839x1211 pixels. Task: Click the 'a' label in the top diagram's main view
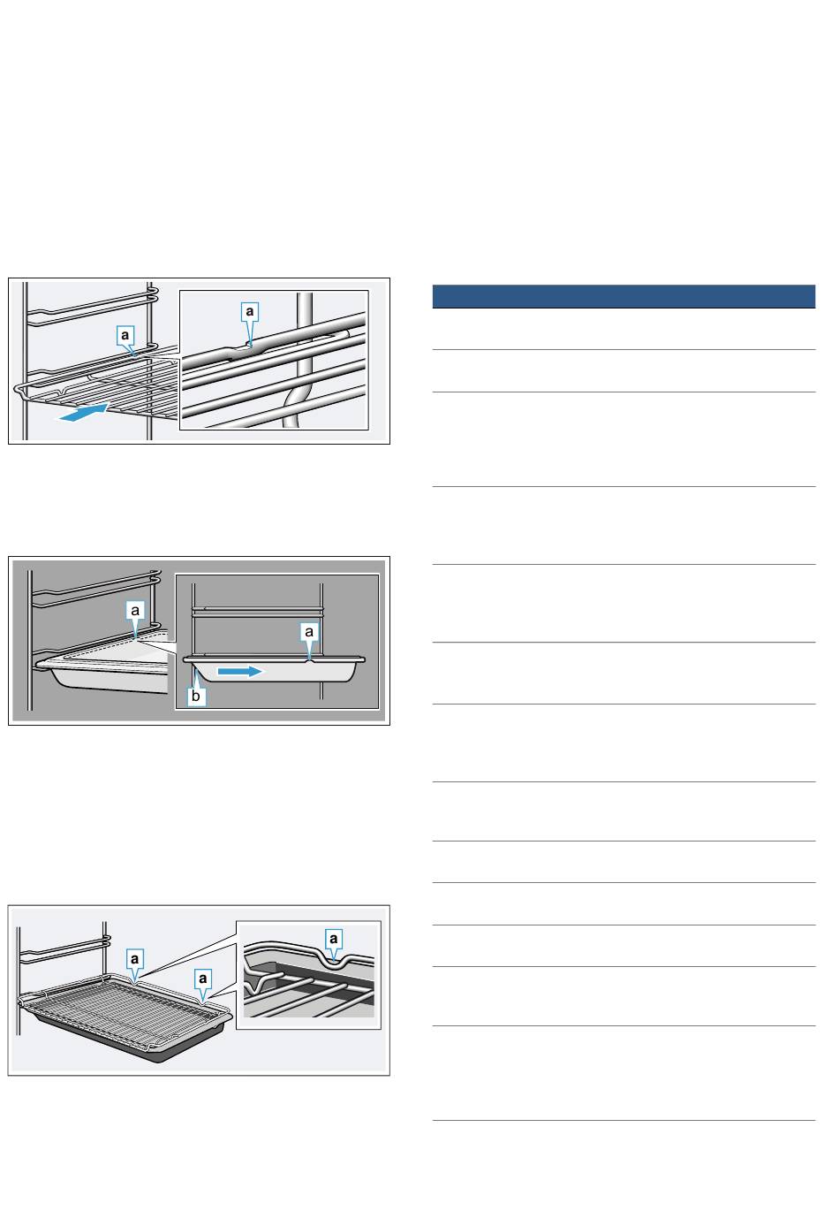(125, 335)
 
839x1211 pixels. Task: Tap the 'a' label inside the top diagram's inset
(250, 311)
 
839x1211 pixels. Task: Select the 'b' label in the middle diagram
(195, 696)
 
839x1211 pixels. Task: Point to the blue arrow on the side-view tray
(240, 671)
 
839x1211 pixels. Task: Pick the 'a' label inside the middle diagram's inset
(309, 631)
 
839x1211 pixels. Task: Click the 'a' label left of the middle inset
(135, 611)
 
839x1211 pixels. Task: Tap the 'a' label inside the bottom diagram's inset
(333, 939)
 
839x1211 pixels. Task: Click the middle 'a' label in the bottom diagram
(202, 978)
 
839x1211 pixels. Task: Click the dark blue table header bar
(624, 296)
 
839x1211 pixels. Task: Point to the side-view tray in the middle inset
(274, 669)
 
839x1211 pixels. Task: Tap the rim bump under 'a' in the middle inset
(309, 659)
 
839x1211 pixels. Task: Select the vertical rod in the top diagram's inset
(304, 324)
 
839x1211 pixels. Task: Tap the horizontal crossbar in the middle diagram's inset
(258, 611)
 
